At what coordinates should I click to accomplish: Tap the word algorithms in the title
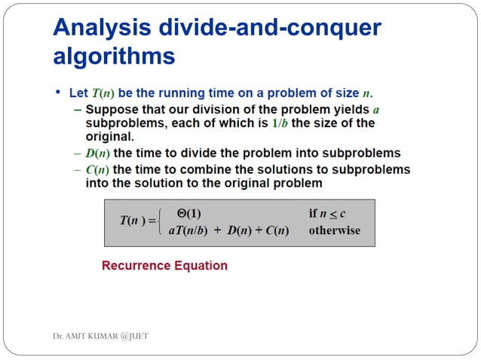click(x=114, y=57)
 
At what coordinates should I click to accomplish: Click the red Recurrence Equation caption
click(x=164, y=266)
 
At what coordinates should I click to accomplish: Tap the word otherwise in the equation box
click(x=334, y=230)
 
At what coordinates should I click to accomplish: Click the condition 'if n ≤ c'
click(x=327, y=214)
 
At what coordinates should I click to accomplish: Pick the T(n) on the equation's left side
click(x=134, y=221)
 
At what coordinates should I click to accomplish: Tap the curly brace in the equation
click(x=160, y=222)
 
